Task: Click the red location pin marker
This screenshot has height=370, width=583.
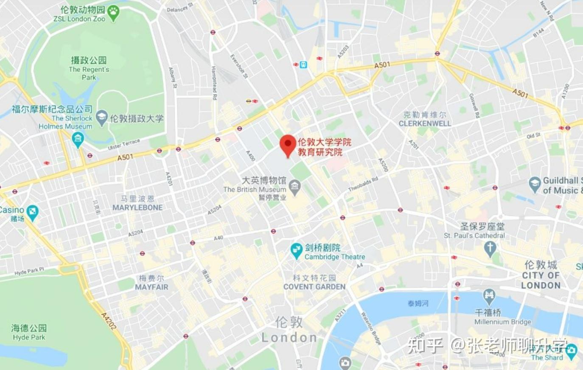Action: tap(288, 145)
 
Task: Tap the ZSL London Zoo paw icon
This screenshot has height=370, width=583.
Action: tap(113, 13)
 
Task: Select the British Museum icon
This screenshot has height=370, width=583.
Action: tap(294, 185)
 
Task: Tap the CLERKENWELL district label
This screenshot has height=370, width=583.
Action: tap(425, 123)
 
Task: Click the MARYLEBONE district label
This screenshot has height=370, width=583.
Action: tap(137, 207)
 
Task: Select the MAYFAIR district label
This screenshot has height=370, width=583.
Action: tap(151, 287)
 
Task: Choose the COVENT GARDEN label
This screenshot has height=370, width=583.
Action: tap(314, 286)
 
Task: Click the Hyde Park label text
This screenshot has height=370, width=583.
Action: tap(29, 337)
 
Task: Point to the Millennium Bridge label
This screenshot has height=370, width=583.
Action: tap(502, 322)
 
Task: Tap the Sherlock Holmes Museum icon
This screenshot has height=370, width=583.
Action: tap(78, 140)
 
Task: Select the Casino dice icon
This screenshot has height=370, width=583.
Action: tap(32, 211)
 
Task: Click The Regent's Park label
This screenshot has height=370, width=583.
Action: tap(89, 73)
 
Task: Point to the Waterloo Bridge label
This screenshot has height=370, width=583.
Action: tap(370, 327)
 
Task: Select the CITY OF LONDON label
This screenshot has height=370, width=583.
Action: tap(541, 280)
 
